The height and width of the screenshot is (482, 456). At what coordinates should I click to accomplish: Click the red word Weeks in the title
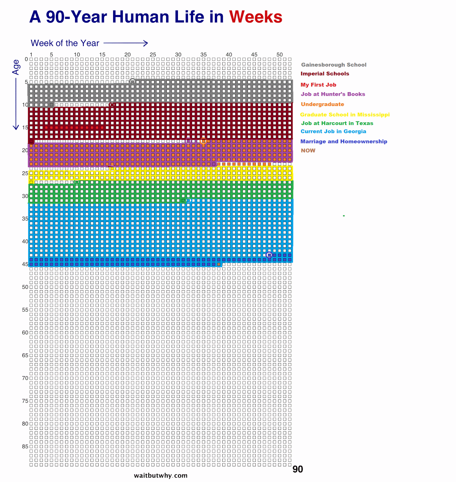[255, 17]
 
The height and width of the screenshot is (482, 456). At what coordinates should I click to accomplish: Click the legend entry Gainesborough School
[334, 65]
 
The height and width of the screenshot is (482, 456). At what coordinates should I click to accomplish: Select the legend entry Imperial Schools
[325, 74]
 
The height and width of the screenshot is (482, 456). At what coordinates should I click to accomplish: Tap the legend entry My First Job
[318, 85]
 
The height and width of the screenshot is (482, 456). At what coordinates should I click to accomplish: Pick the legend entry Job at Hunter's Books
[333, 94]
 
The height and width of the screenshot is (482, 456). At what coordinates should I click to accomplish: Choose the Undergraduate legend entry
[322, 104]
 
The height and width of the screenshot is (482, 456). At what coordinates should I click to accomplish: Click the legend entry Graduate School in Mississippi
[345, 114]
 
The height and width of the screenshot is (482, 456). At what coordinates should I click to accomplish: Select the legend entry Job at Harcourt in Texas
[337, 123]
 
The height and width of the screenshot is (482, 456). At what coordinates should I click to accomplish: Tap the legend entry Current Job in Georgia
[333, 131]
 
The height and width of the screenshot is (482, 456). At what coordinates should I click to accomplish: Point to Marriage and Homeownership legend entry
[344, 141]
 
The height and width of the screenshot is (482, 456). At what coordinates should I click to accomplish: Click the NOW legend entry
[308, 150]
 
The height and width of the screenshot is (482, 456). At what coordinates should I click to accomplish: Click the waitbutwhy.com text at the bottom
[160, 475]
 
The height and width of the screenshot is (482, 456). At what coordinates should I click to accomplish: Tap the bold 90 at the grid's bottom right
[298, 469]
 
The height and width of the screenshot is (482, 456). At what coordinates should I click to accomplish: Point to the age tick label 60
[25, 333]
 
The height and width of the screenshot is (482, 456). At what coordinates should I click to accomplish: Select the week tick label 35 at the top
[204, 55]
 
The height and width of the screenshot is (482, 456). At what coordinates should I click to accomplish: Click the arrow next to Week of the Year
[126, 43]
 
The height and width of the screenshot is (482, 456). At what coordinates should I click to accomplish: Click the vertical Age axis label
[16, 67]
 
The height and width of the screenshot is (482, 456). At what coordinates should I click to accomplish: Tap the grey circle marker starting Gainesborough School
[132, 81]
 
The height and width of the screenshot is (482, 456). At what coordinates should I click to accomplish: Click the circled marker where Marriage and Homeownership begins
[269, 255]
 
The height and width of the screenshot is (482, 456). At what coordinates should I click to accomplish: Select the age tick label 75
[25, 401]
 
